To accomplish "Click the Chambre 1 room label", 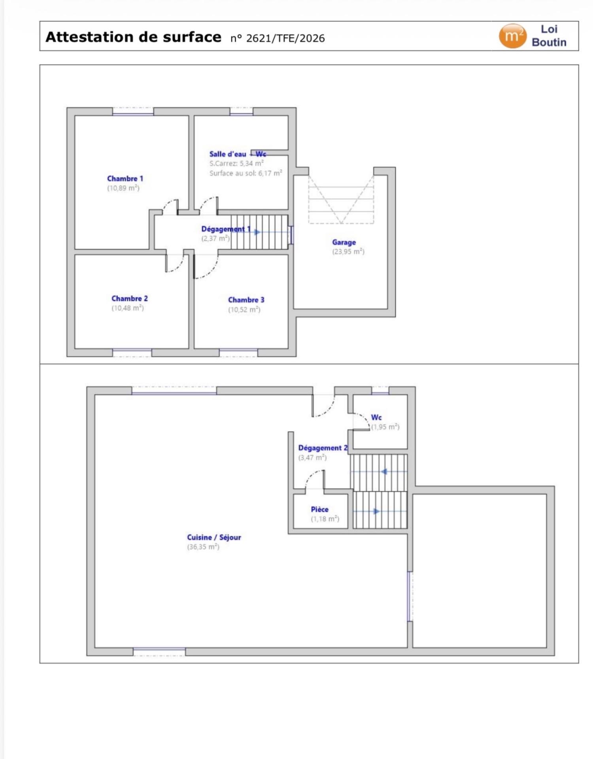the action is point(125,179).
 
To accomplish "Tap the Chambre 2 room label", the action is point(130,298).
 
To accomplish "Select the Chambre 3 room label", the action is point(246,300).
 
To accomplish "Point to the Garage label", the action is point(344,242).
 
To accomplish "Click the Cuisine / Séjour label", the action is point(214,537).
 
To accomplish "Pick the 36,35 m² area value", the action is point(203,547).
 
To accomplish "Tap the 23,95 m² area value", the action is point(348,252).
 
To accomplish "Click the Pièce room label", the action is point(319,510).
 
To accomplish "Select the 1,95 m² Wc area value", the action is point(385,427).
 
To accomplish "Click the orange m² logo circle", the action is point(512,36).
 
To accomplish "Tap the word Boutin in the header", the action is point(549,42).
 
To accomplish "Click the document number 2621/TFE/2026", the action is point(285,38).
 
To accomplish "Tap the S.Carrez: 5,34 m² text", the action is point(236,163).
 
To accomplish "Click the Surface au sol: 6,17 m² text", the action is point(246,173).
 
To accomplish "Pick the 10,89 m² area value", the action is point(123,188).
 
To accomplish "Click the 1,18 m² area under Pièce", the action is point(325,519).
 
